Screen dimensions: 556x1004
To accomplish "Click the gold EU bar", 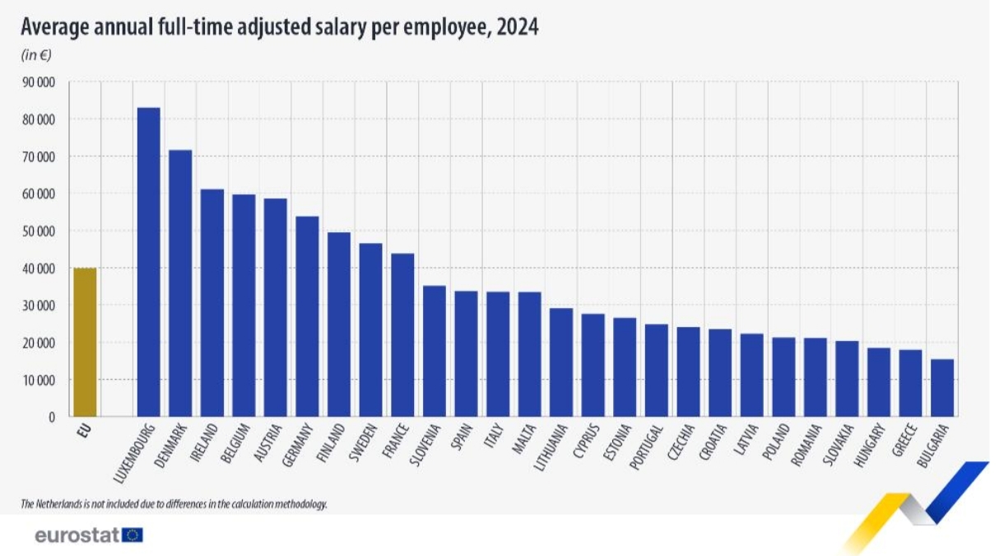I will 85,342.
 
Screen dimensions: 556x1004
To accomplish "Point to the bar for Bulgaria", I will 942,387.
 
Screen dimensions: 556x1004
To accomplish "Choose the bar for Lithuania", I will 561,362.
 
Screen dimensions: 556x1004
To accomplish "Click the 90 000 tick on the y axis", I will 38,82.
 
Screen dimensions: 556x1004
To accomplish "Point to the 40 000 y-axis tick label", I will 38,269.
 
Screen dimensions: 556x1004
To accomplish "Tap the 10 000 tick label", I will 38,380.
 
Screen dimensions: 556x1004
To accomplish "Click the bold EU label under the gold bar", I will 84,431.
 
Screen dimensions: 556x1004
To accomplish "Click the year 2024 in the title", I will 518,27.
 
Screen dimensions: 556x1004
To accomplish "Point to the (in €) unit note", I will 36,56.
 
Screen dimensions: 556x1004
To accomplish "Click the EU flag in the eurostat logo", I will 132,535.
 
